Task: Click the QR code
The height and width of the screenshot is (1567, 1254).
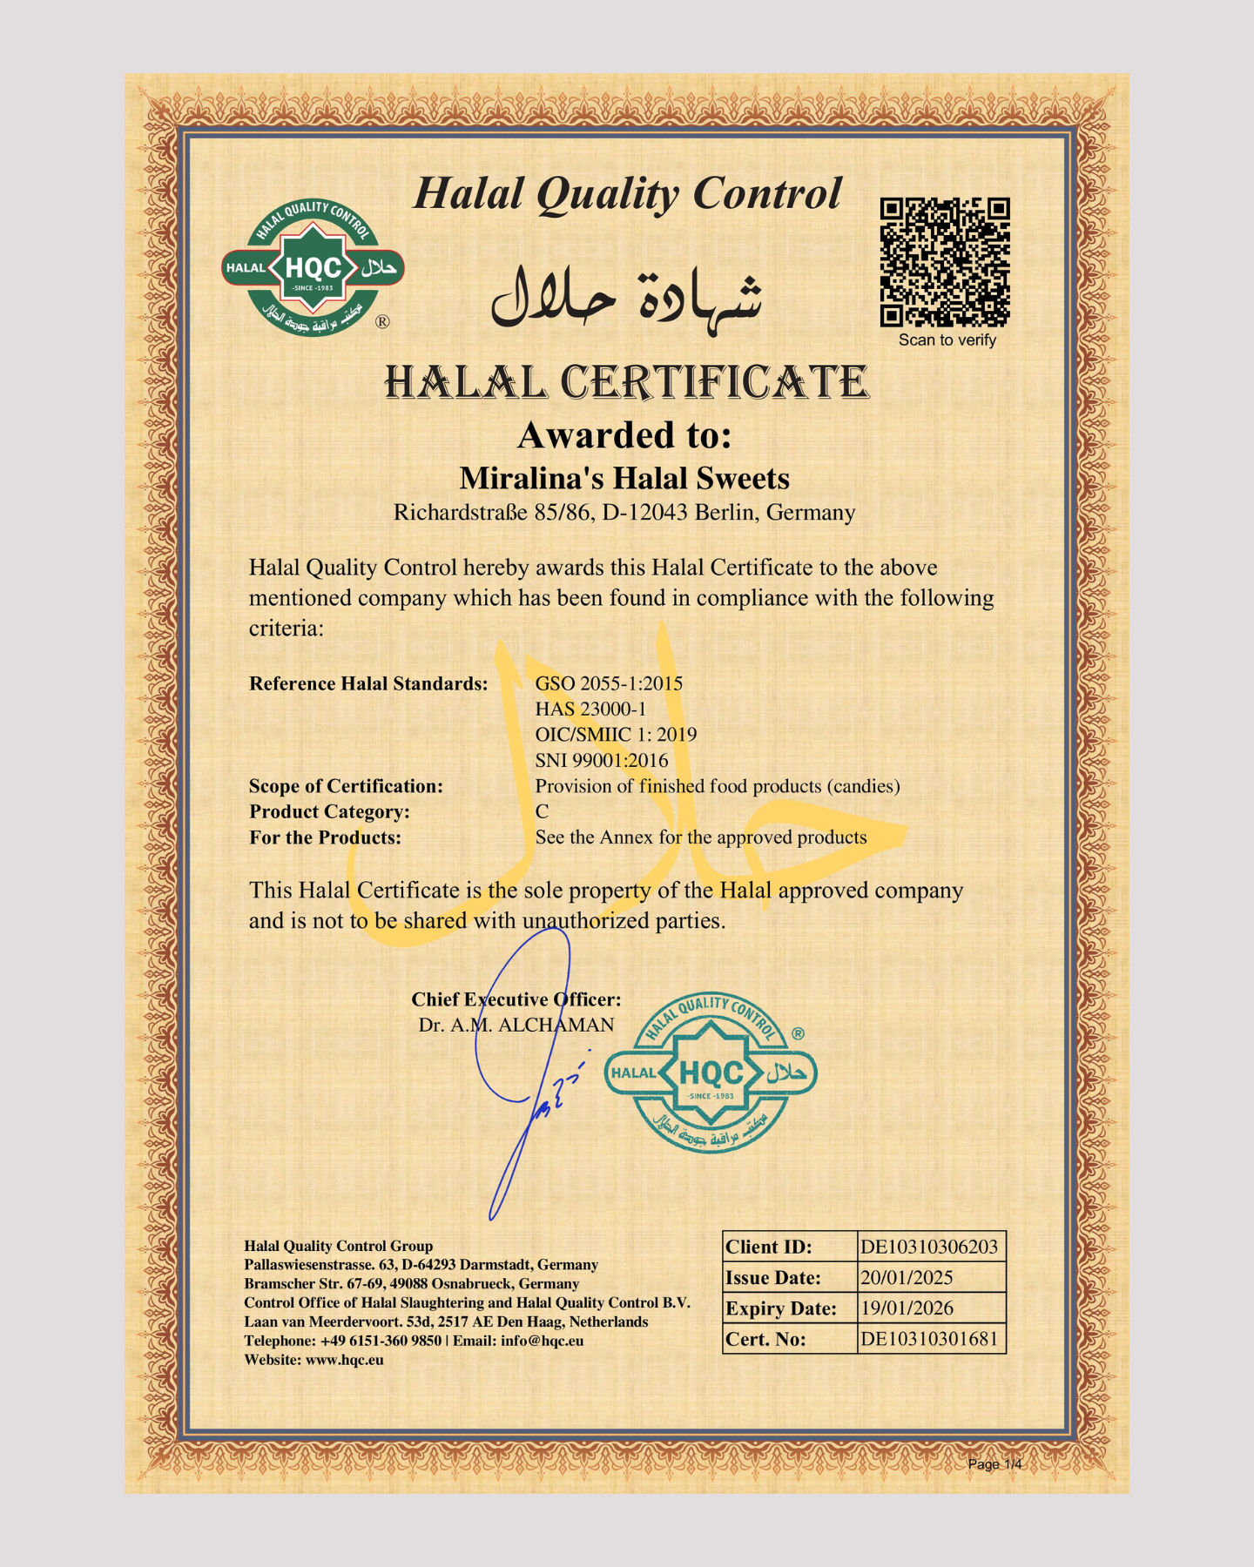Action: click(945, 262)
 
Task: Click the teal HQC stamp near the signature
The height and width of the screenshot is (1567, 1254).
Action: click(711, 1073)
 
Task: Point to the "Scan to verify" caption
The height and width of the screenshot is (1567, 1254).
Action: click(947, 340)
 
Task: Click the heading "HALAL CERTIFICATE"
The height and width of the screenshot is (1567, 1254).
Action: click(626, 383)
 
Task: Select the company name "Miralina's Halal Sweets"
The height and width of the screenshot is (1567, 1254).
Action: click(624, 478)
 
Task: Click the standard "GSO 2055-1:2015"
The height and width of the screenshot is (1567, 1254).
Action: click(609, 683)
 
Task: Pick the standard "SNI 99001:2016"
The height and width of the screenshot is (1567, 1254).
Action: click(602, 760)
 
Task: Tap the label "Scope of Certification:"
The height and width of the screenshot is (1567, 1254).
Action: click(346, 786)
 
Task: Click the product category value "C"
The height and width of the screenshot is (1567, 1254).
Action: click(542, 811)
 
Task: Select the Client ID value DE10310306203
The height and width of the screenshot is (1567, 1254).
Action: click(929, 1247)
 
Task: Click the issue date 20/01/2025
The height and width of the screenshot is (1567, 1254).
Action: click(907, 1277)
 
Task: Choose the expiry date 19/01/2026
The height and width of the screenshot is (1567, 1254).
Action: click(907, 1308)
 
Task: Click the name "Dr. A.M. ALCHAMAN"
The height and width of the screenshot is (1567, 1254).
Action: click(516, 1025)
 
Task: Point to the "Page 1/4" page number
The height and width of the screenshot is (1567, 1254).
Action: click(994, 1464)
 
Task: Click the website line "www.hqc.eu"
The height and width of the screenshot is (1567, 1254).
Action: click(344, 1360)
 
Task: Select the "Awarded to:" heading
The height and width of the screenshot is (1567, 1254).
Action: click(624, 435)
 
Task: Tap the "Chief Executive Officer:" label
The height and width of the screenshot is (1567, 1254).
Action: click(516, 999)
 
